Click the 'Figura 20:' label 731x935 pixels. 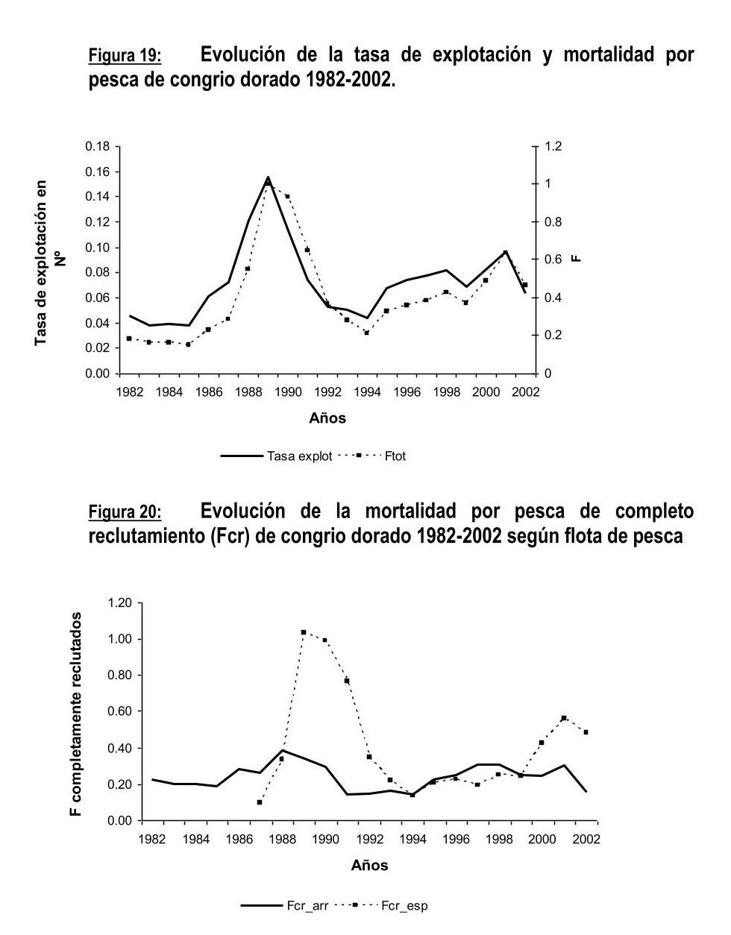point(125,513)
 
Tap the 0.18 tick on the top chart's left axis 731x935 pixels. point(97,146)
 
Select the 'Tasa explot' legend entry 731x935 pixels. point(299,456)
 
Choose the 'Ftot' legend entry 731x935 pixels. point(395,456)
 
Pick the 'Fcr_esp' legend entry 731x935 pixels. point(404,906)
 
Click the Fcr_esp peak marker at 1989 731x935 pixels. point(304,632)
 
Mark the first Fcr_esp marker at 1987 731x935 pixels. point(260,802)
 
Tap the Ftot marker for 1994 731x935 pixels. point(366,333)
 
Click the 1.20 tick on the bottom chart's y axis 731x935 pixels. point(119,602)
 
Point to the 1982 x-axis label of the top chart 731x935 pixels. point(130,392)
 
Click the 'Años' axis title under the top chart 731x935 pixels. point(327,418)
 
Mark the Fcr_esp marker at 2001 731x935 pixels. point(564,718)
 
